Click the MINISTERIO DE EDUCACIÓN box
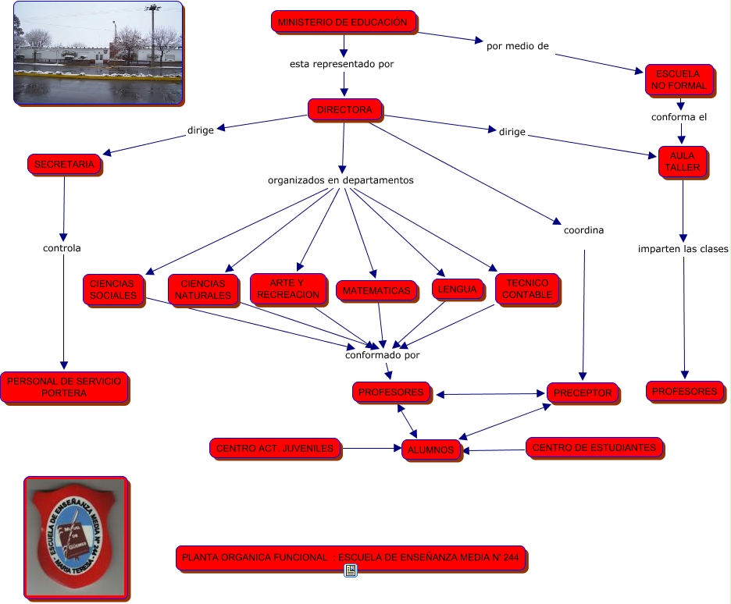(342, 23)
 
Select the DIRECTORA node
(344, 110)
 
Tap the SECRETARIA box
(64, 165)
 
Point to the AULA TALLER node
(682, 162)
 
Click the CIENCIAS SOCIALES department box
(112, 290)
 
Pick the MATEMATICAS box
(376, 291)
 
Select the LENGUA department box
(457, 290)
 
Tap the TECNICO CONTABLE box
(527, 289)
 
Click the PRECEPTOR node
(583, 393)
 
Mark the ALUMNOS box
(430, 449)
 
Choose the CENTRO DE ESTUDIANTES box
(594, 448)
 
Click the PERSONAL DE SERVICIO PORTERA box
(64, 387)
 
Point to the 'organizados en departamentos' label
(341, 180)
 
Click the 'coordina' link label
(583, 230)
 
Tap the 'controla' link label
(62, 249)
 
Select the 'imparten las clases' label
(683, 250)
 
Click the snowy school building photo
(98, 53)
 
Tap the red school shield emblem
(77, 538)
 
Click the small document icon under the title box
(351, 571)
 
